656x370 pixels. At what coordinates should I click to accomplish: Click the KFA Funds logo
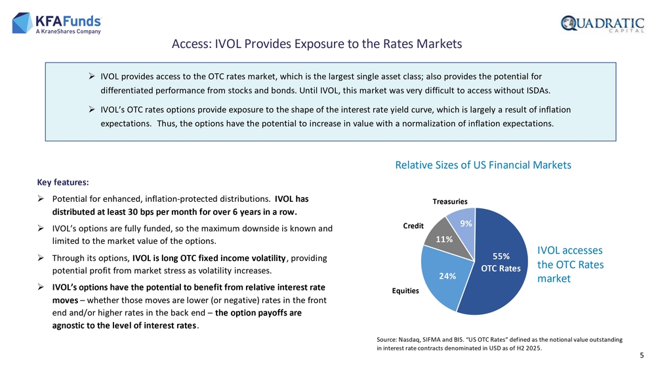click(57, 23)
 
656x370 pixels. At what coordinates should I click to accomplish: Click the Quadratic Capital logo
click(602, 24)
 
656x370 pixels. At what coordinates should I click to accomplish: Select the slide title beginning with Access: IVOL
click(317, 44)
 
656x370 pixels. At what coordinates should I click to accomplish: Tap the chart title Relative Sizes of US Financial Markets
click(483, 165)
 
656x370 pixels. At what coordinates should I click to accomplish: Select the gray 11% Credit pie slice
click(447, 239)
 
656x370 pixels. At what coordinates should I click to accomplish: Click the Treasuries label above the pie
click(450, 202)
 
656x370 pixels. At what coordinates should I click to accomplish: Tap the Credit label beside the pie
click(413, 226)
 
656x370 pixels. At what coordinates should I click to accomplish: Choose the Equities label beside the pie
click(405, 290)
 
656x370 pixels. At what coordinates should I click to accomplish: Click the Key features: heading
click(63, 182)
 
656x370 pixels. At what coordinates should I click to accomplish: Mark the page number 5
click(642, 356)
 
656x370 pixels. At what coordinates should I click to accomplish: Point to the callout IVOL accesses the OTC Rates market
click(570, 264)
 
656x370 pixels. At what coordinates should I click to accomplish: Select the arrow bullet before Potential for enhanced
click(41, 198)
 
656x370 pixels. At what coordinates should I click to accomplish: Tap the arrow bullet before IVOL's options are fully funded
click(41, 228)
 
